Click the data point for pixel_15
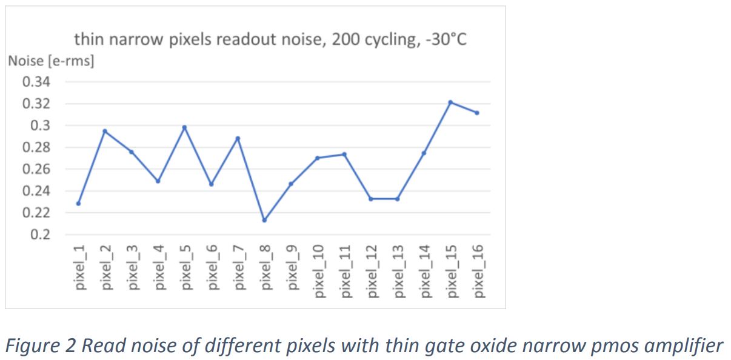(450, 102)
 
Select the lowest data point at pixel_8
(264, 220)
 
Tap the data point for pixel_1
(78, 203)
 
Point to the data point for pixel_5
(184, 127)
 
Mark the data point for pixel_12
(370, 199)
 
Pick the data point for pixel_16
(477, 113)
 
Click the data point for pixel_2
(105, 131)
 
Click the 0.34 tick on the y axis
(37, 82)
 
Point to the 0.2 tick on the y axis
(40, 235)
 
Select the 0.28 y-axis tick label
(37, 147)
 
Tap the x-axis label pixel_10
(318, 271)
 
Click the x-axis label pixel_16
(478, 271)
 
